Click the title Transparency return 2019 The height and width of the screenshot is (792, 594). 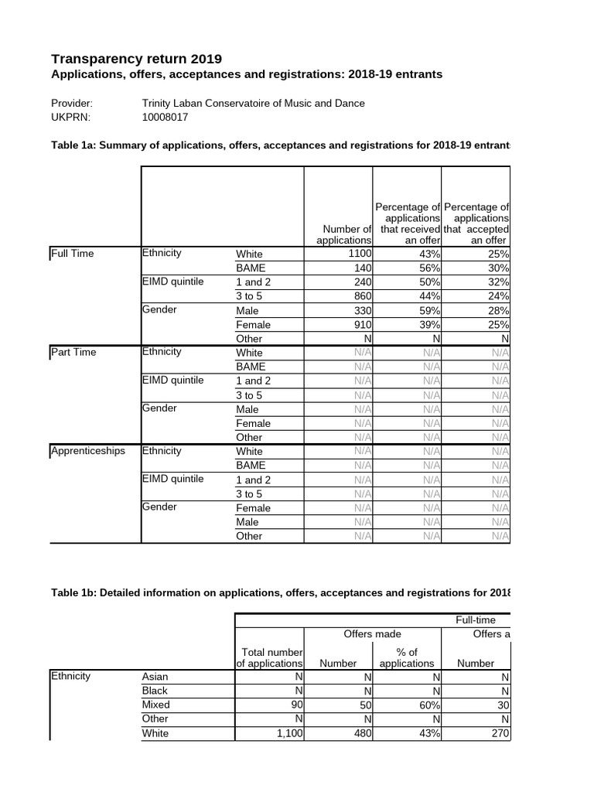click(x=136, y=59)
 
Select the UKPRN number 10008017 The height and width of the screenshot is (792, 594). click(x=166, y=118)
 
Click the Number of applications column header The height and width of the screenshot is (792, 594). click(x=340, y=234)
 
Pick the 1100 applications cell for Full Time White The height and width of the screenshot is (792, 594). click(x=360, y=254)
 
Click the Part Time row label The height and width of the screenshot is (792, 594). click(x=73, y=352)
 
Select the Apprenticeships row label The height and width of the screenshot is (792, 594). click(x=87, y=451)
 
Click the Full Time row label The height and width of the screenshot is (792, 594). click(x=72, y=253)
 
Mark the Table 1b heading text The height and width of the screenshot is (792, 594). click(x=278, y=593)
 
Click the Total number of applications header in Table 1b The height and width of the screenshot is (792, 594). click(x=270, y=657)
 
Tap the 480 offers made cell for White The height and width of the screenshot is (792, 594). click(x=361, y=733)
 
